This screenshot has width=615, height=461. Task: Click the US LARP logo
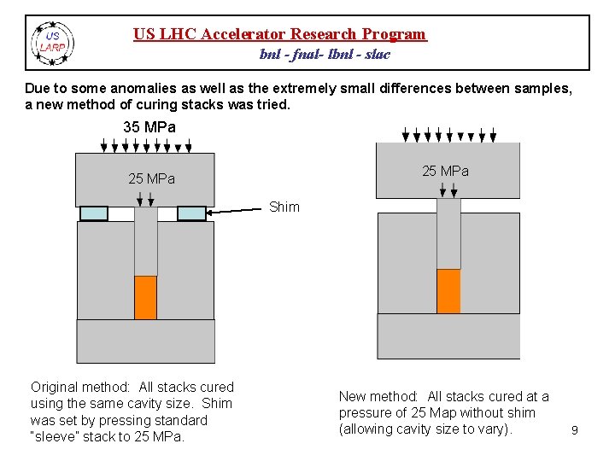point(53,43)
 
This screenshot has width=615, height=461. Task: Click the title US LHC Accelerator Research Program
point(279,34)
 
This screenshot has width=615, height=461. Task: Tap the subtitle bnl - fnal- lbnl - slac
point(325,54)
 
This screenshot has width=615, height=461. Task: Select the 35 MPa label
point(149,127)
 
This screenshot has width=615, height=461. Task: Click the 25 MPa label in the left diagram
point(151,179)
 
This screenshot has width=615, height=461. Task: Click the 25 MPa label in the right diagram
point(445,171)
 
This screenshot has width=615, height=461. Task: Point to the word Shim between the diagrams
point(284,207)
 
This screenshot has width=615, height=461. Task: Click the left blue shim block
point(94,213)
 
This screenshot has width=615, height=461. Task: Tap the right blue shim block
point(192,213)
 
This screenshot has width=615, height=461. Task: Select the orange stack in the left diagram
point(146,297)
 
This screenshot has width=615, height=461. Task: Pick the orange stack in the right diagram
point(448,291)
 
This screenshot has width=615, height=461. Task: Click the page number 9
point(575,431)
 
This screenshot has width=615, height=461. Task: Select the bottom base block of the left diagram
point(145,341)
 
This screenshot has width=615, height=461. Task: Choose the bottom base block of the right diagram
point(448,336)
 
